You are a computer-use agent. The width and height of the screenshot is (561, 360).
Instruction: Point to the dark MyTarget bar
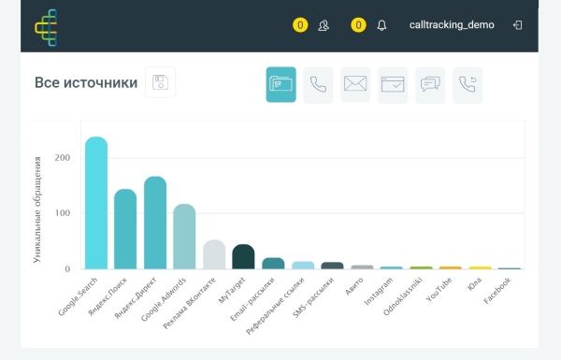coord(243,256)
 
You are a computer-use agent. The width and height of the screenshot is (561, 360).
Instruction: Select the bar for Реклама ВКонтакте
coord(214,254)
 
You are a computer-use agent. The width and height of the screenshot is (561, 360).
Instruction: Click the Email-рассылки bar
coord(273,263)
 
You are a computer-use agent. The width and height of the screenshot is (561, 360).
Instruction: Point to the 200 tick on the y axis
coord(62,157)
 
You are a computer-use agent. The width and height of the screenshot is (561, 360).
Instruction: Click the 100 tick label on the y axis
coord(62,213)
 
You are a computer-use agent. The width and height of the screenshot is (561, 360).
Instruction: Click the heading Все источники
coord(85,83)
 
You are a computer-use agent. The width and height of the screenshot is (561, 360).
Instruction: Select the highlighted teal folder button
coord(280,84)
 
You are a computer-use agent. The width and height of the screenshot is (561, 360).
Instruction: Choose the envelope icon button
coord(355,84)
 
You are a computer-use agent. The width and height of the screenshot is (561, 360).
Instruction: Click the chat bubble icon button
coord(430,84)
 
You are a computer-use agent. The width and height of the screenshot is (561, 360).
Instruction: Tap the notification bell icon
coord(381,25)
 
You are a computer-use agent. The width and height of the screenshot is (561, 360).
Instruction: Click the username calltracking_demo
coord(452,25)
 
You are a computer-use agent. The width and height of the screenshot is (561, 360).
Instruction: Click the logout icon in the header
coord(517,25)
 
